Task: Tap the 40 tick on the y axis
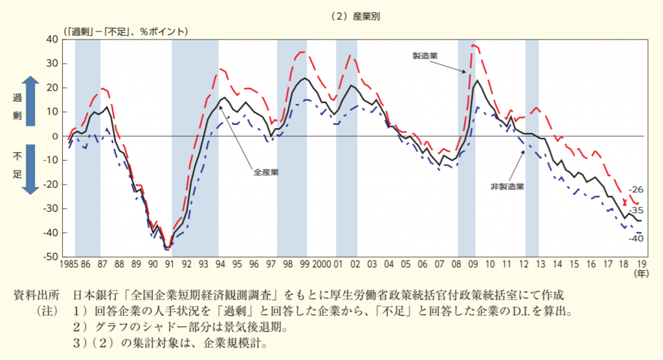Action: [x=52, y=39]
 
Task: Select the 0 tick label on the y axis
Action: [x=56, y=136]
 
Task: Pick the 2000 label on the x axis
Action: [x=322, y=265]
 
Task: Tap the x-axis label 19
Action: [x=640, y=265]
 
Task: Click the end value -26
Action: [x=636, y=190]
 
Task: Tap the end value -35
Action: [x=636, y=210]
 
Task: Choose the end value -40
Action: [x=636, y=240]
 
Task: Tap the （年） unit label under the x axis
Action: [x=640, y=275]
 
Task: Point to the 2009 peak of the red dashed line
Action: [x=473, y=45]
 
